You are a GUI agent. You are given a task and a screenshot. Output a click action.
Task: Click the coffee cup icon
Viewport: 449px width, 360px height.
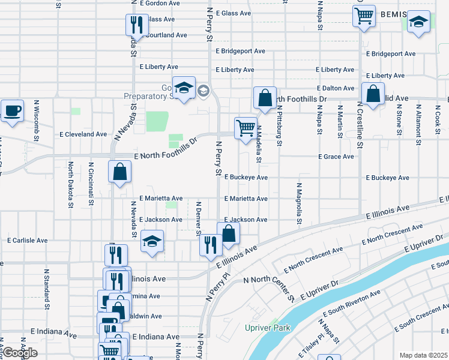[x=12, y=111]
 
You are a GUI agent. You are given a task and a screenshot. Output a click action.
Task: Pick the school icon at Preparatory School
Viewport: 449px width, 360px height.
[x=184, y=88]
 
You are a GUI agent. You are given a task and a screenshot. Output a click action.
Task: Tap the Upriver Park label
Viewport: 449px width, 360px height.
[x=267, y=328]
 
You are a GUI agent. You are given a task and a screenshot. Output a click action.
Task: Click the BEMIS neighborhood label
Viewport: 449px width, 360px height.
[x=393, y=14]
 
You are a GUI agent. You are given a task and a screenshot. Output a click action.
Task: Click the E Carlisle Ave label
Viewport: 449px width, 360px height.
[x=27, y=240]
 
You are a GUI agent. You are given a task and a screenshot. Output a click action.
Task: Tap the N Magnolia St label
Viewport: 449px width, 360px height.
[x=298, y=204]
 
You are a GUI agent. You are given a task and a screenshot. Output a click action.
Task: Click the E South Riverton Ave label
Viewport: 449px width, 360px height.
[x=351, y=304]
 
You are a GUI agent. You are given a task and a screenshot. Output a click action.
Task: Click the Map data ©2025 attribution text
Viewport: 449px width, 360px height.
[x=424, y=355]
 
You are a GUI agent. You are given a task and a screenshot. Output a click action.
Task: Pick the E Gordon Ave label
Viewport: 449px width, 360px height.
[x=159, y=3]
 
